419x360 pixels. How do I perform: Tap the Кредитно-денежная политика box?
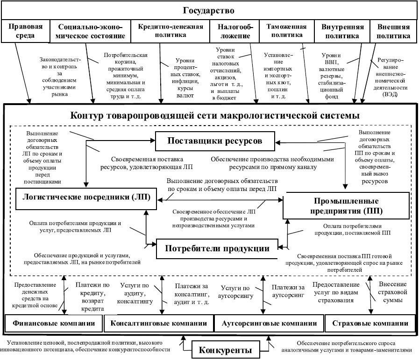[170, 31]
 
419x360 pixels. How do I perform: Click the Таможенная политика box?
[286, 31]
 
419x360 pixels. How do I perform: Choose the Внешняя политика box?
[393, 31]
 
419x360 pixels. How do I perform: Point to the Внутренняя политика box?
[342, 31]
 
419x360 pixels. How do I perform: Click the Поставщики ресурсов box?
[215, 141]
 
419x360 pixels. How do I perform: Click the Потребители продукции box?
[217, 248]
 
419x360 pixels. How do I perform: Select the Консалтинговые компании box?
[159, 323]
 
